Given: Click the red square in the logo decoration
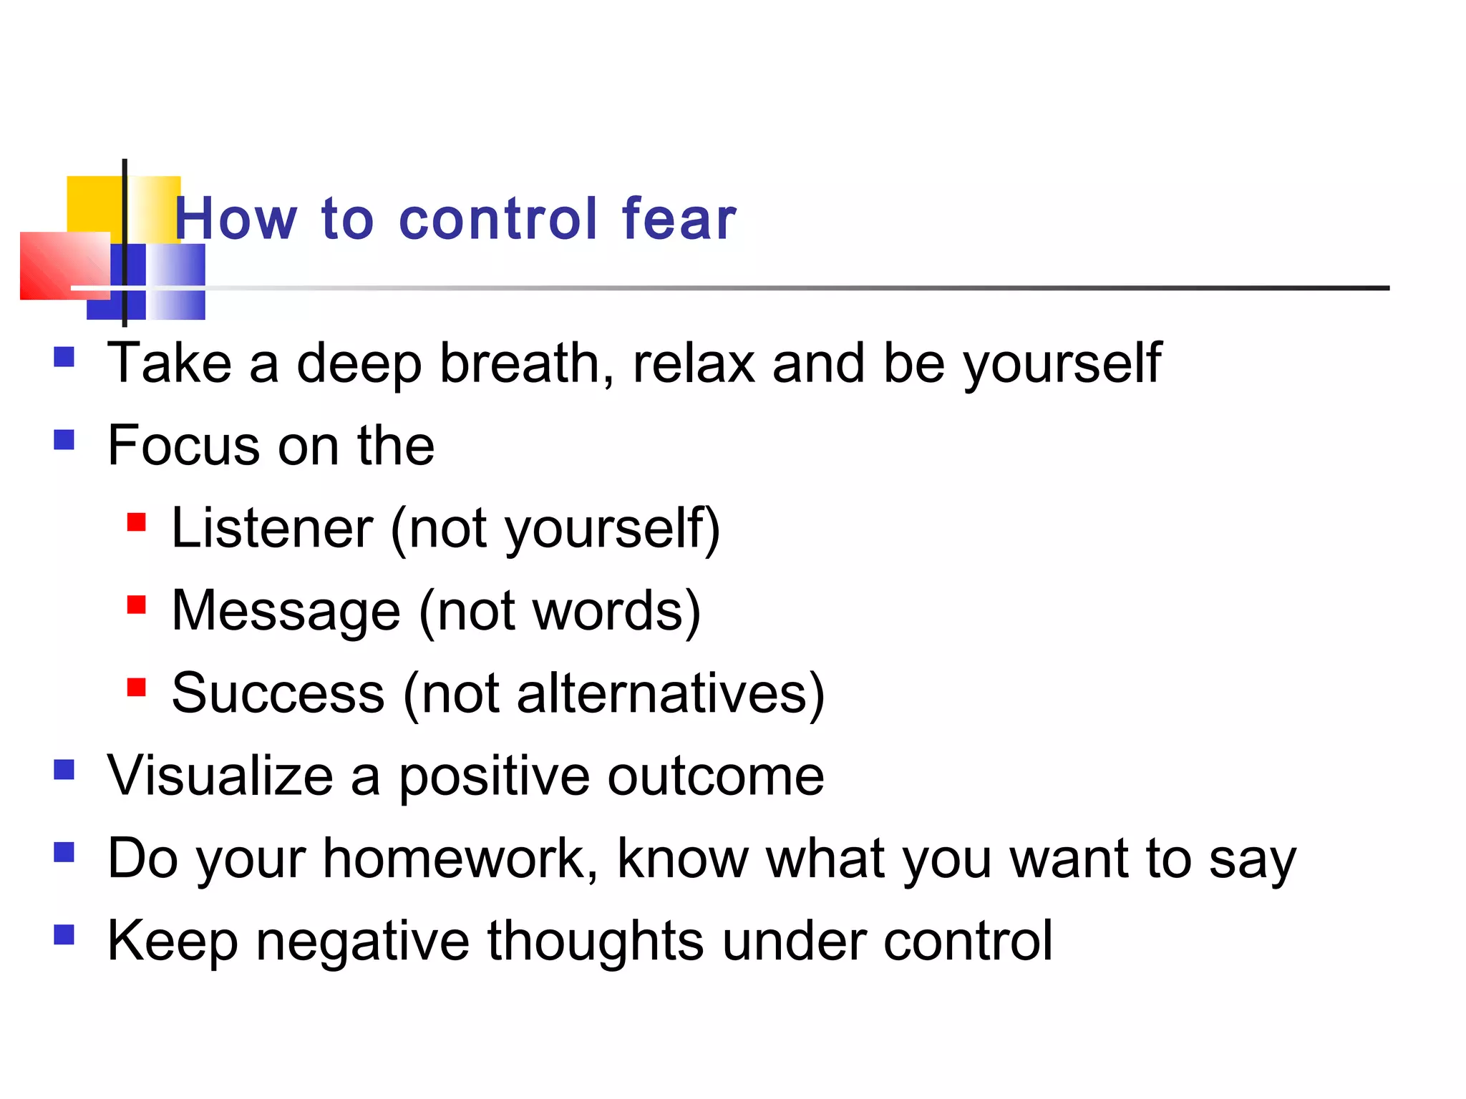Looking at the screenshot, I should click(x=63, y=265).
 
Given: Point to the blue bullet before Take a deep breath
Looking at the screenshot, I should click(x=64, y=356).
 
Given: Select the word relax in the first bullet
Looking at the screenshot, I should click(x=693, y=363).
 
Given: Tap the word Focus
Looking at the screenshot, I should click(x=184, y=445).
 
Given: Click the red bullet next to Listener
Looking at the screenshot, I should click(x=137, y=522).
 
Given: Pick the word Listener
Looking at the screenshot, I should click(x=272, y=528).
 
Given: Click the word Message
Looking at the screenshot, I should click(x=286, y=611).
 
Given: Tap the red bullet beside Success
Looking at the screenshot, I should click(x=137, y=688).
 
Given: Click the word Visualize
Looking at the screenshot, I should click(x=220, y=776).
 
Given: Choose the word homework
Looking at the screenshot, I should click(x=459, y=858).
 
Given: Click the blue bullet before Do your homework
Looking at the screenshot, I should click(x=64, y=852).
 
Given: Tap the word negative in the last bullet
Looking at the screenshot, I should click(x=363, y=940).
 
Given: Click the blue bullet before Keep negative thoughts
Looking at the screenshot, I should click(x=64, y=934).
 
